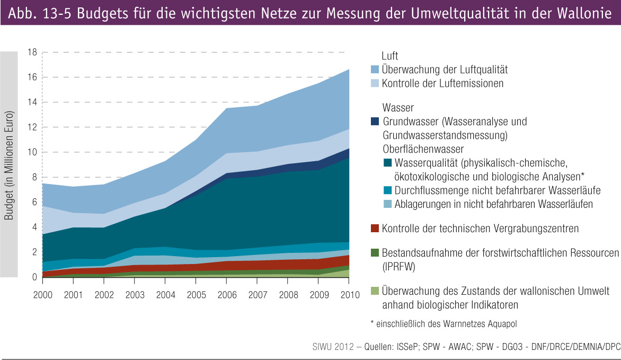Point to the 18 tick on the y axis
(x=32, y=52)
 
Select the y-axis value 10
(x=32, y=153)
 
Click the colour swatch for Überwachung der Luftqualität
(x=375, y=69)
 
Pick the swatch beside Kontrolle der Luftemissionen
(x=375, y=84)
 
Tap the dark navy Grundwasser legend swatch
(x=375, y=121)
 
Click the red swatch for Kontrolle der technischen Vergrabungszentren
(x=375, y=229)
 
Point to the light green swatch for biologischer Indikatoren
(x=375, y=292)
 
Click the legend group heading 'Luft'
(x=389, y=56)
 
